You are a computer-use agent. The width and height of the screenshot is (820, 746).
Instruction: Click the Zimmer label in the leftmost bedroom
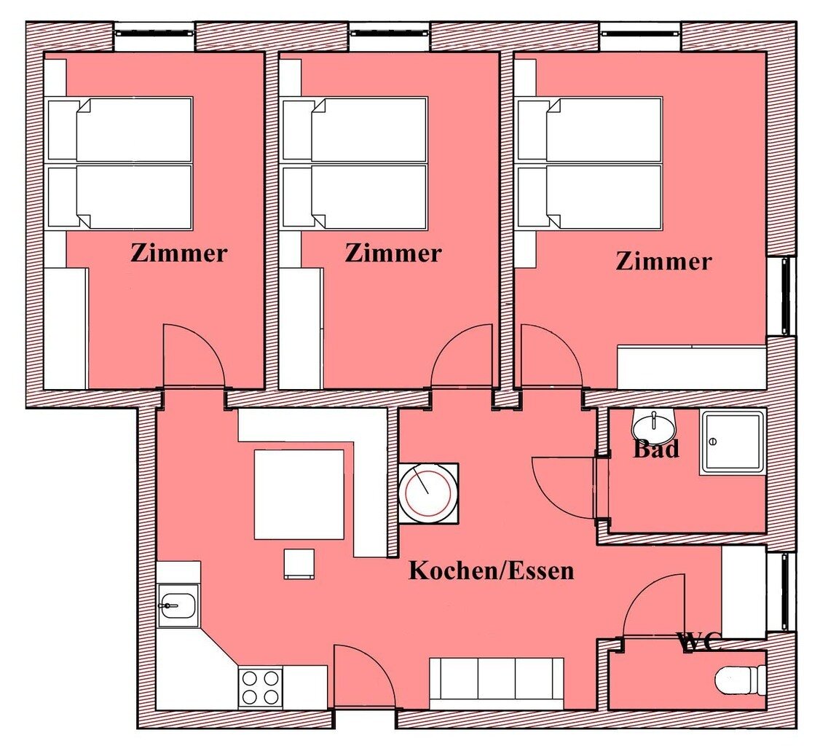tap(179, 254)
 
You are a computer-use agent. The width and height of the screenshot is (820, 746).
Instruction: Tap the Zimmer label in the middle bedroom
tap(393, 254)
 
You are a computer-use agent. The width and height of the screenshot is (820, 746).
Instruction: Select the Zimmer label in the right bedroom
tap(663, 261)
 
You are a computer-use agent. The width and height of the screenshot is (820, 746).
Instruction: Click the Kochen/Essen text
tap(492, 570)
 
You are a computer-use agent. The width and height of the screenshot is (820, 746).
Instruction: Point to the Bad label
tap(655, 449)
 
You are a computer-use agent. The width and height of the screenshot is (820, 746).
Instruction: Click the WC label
tap(700, 642)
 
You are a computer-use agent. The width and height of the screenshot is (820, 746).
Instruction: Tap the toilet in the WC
tap(740, 680)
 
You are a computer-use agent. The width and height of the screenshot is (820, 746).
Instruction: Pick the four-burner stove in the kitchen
tap(261, 686)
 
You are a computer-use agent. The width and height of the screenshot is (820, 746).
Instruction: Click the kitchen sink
tap(178, 605)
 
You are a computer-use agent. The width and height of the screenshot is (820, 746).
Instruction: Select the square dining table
tap(299, 494)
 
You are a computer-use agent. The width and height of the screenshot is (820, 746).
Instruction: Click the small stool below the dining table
tap(299, 563)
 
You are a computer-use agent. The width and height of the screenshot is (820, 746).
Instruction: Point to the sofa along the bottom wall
tap(496, 682)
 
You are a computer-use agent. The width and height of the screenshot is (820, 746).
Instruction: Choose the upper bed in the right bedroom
tap(590, 129)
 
